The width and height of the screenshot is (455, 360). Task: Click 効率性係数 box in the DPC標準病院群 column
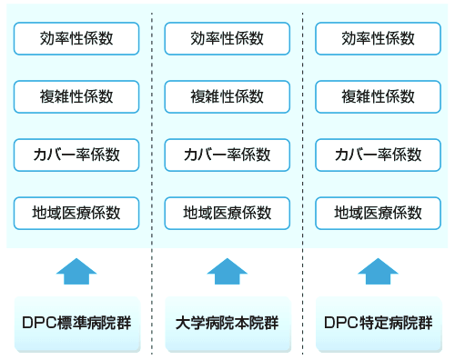[76, 38]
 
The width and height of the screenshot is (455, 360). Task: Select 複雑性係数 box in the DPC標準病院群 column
[76, 95]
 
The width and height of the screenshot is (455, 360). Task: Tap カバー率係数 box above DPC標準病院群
[76, 154]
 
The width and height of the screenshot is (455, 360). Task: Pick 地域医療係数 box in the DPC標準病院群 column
[76, 212]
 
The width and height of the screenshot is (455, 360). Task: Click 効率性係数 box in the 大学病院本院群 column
[227, 38]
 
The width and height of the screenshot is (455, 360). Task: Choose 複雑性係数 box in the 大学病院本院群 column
[227, 95]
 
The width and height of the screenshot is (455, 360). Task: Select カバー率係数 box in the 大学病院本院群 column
[227, 154]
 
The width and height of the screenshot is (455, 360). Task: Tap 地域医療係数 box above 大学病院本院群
[227, 212]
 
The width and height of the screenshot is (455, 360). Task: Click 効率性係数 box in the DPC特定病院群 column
[378, 38]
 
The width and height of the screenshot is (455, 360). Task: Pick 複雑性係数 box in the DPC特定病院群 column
[378, 95]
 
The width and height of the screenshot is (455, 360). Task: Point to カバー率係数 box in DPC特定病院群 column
[378, 154]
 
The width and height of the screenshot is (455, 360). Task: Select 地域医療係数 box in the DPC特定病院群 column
[378, 212]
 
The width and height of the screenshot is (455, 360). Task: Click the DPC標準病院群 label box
[76, 323]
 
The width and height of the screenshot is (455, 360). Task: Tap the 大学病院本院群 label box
[227, 323]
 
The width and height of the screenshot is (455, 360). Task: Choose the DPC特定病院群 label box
[378, 323]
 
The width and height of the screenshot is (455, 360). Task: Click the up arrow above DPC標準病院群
[76, 271]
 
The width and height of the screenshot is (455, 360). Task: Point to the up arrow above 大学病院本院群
[227, 271]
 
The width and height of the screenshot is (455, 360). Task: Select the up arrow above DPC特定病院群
[378, 271]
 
